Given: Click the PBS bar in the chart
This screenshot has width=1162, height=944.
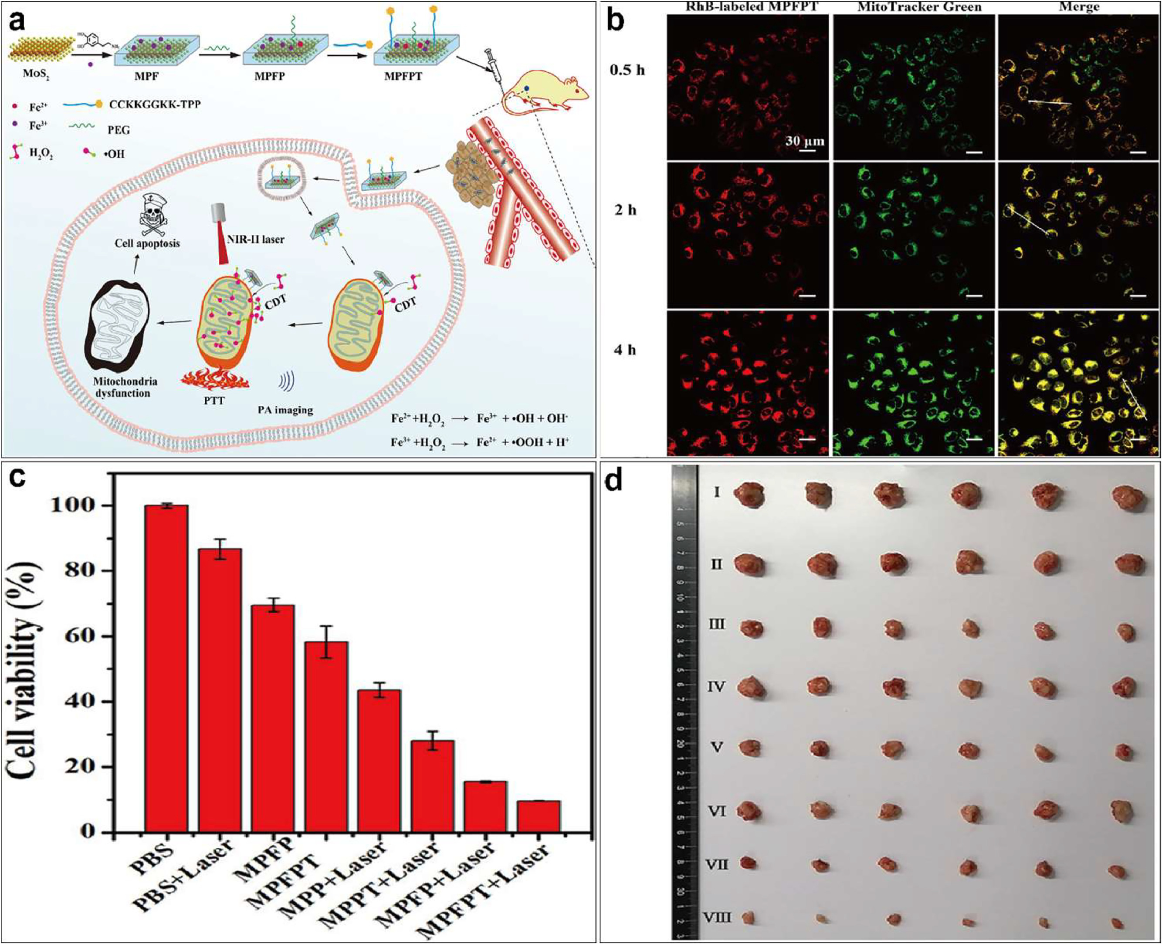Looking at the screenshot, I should click(166, 668).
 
